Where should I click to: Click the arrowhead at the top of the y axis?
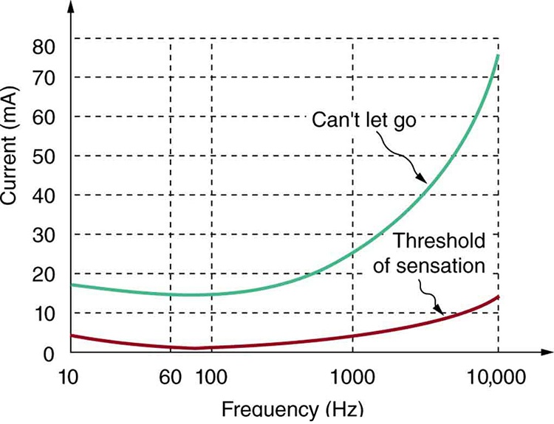click(71, 7)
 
